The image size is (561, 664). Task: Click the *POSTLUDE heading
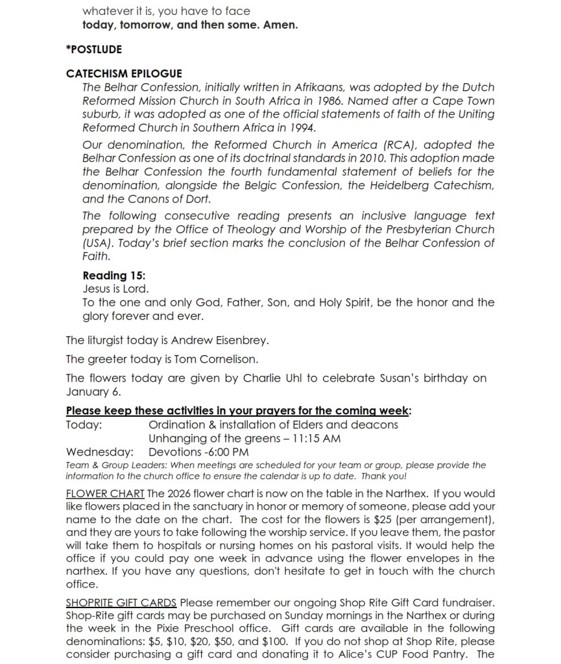94,49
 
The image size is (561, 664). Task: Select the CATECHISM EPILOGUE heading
124,74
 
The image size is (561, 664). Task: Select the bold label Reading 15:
114,275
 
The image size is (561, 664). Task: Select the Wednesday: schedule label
100,452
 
